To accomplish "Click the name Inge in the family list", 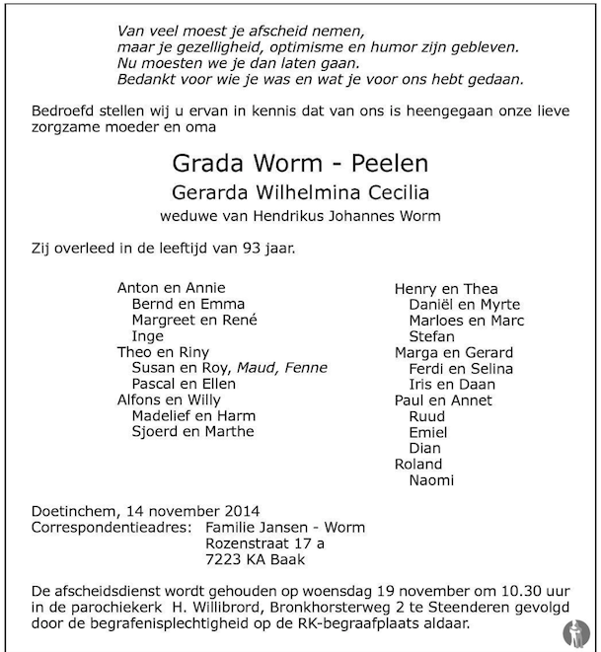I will point(147,336).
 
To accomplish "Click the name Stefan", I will point(430,336).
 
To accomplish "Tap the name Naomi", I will point(431,480).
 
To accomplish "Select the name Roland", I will point(418,465).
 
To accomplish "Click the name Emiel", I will point(427,432).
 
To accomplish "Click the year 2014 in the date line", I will point(239,511).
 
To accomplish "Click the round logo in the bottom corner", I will point(576,631).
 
